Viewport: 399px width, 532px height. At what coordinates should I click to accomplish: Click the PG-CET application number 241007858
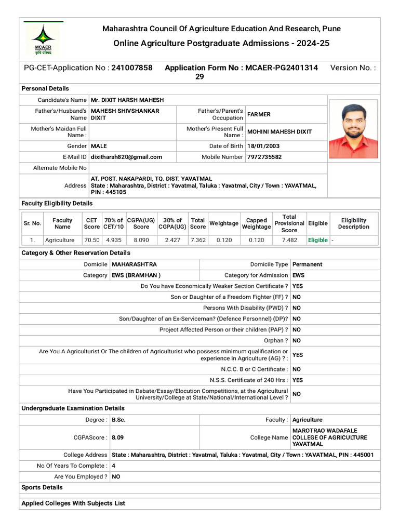click(132, 68)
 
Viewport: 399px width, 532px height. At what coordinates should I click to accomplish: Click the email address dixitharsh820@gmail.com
click(126, 157)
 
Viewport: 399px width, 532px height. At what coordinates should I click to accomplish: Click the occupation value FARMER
click(259, 114)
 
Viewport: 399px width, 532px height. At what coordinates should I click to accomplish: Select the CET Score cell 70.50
click(91, 240)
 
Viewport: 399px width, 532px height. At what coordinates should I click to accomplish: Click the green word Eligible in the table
click(317, 240)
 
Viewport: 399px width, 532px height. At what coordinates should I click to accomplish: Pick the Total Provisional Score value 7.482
click(289, 240)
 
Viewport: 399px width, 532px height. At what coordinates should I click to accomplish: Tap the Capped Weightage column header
click(256, 223)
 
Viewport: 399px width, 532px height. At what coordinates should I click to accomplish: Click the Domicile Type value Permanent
click(307, 264)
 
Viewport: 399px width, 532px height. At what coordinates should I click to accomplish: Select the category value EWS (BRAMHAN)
click(136, 275)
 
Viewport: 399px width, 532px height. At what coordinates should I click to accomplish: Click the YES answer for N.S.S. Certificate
click(298, 380)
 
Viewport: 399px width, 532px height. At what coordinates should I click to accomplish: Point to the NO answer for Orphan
click(297, 341)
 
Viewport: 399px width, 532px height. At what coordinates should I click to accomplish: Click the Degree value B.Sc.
click(118, 420)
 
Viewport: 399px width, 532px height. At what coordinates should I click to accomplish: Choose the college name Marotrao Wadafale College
click(329, 437)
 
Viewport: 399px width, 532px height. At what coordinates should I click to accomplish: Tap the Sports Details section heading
click(42, 487)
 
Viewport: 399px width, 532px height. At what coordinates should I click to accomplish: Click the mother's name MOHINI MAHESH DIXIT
click(280, 132)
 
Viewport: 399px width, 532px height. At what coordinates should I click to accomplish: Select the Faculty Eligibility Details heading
click(57, 203)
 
